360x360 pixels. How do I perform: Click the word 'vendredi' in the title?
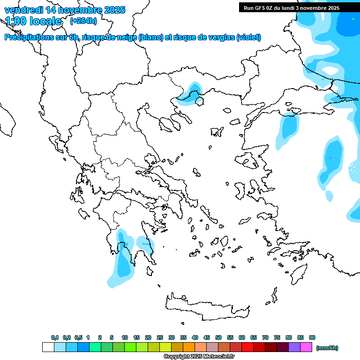[22, 10]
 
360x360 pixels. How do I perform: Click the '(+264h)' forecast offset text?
[83, 21]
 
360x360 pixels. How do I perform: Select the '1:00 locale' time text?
[33, 21]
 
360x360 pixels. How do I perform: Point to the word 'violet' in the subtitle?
[248, 37]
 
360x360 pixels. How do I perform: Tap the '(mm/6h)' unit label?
[327, 348]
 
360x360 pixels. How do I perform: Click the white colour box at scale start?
[48, 347]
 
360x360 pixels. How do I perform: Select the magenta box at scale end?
[306, 347]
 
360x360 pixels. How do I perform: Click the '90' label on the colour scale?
[312, 337]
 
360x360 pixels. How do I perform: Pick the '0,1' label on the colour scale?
[55, 337]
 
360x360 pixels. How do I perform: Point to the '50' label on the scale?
[218, 337]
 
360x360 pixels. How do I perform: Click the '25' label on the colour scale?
[160, 337]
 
